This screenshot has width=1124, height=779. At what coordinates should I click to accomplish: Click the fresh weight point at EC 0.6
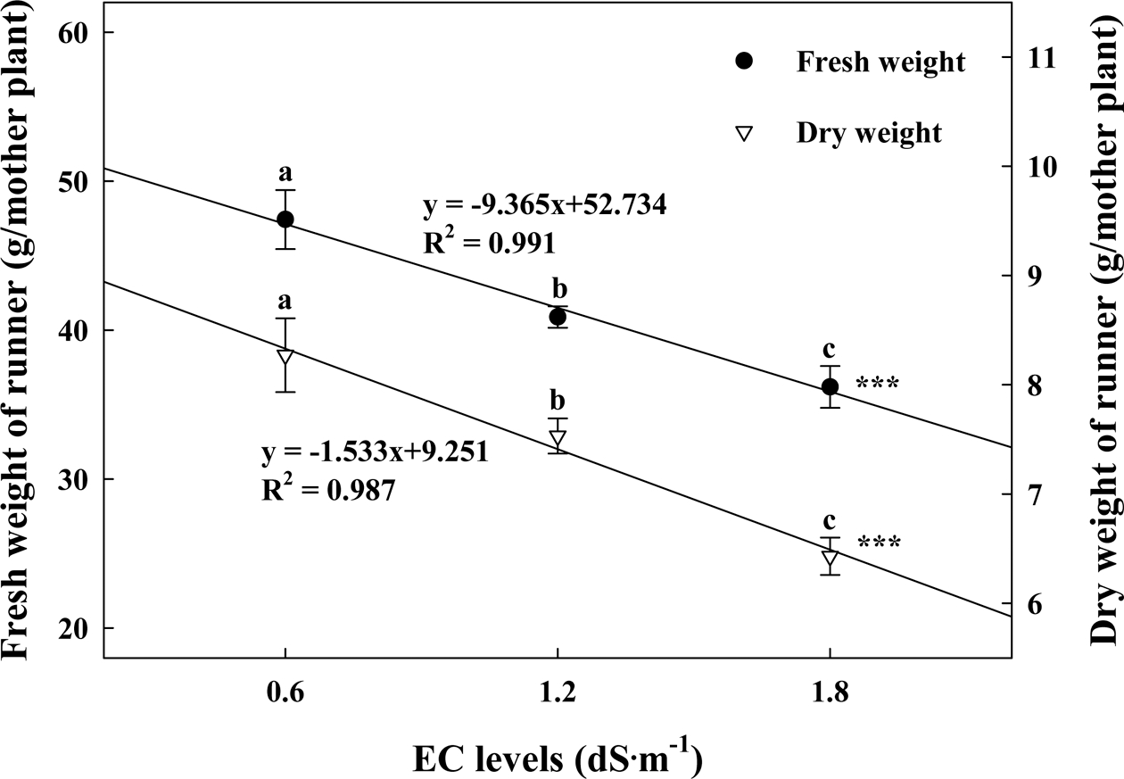click(x=285, y=219)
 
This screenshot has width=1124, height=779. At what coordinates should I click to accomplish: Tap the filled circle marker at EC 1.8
click(x=831, y=386)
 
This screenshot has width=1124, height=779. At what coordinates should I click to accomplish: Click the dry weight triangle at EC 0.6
click(x=285, y=357)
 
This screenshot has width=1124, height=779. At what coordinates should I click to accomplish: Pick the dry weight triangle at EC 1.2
click(x=558, y=439)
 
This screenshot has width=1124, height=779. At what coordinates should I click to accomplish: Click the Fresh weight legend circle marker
click(x=745, y=62)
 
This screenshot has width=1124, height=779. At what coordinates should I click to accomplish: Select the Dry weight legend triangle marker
click(x=745, y=133)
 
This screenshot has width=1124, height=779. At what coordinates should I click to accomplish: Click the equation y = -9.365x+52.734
click(x=544, y=205)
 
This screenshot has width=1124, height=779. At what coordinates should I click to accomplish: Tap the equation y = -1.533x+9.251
click(x=374, y=452)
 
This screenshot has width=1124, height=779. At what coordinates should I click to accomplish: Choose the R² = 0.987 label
click(x=327, y=490)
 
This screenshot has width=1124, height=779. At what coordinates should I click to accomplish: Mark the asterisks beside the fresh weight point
click(x=878, y=385)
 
